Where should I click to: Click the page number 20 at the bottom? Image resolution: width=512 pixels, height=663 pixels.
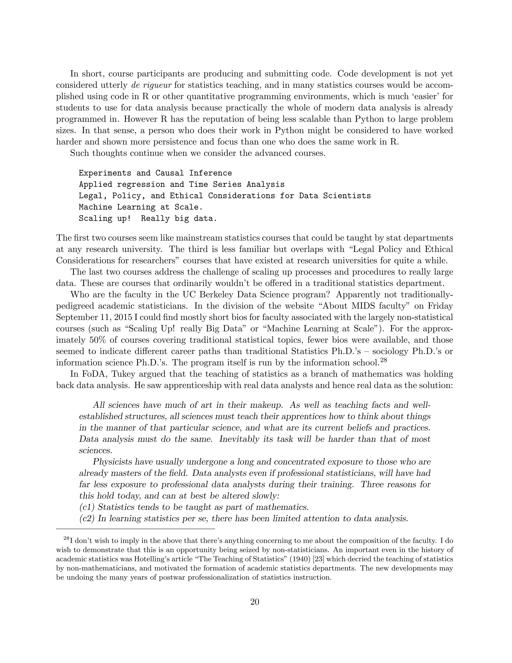coord(255,602)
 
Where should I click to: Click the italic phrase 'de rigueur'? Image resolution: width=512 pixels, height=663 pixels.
coord(150,85)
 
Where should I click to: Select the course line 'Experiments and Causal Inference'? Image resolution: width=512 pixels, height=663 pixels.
coord(155,173)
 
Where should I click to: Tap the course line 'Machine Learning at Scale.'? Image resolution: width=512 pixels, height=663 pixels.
coord(140,207)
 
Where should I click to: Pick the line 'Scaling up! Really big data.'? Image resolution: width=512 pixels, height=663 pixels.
coord(148,218)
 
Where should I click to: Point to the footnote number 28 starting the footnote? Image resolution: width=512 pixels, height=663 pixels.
coord(66,539)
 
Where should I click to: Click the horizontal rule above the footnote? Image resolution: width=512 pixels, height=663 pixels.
coord(135,529)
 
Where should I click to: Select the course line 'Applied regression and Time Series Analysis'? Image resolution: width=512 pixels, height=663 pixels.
coord(181,184)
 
